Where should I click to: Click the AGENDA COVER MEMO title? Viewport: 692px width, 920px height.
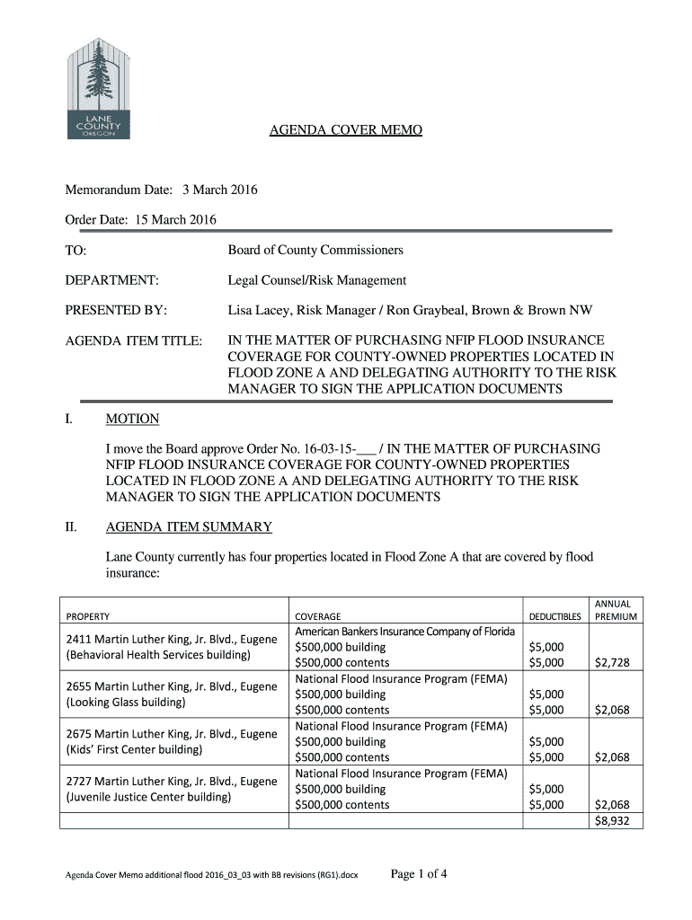click(346, 131)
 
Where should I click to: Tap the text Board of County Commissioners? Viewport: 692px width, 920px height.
click(315, 250)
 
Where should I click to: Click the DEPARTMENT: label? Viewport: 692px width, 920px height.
click(111, 280)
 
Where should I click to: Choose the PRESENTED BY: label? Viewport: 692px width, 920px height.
click(116, 311)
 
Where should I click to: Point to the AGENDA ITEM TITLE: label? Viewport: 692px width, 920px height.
click(133, 341)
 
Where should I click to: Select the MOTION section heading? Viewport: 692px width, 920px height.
click(132, 419)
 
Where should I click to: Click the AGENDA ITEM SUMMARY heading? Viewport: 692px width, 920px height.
click(189, 526)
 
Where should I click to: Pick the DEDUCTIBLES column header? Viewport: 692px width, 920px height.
click(554, 616)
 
